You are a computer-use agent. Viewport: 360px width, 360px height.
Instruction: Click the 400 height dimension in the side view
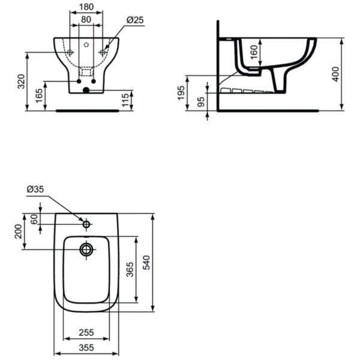[x=336, y=73]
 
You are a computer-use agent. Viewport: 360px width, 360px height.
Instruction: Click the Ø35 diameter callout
[x=35, y=190]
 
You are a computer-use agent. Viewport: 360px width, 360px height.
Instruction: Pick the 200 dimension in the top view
[x=18, y=230]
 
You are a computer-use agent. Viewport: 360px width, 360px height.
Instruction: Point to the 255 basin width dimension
[x=86, y=331]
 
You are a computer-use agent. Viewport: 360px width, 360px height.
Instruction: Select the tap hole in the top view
[x=86, y=224]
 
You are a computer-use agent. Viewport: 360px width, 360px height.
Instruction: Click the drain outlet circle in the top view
[x=86, y=249]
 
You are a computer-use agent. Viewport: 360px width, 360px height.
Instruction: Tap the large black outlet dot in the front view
[x=86, y=91]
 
